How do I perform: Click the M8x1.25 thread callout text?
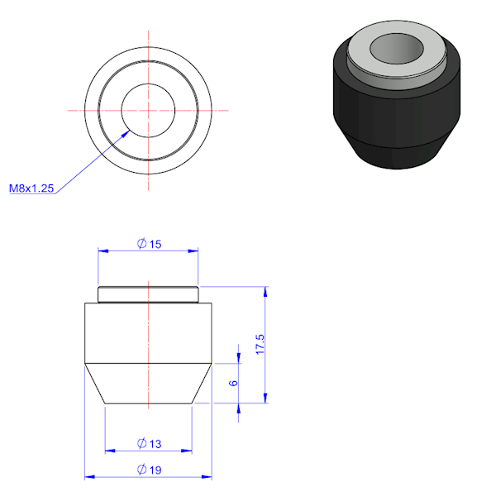(31, 188)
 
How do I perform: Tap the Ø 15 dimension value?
(149, 244)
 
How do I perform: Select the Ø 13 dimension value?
(149, 443)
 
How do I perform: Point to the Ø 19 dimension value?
(149, 470)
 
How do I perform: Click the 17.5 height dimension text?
(260, 344)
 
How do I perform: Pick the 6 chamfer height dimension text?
(233, 383)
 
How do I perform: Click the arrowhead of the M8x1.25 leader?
(126, 133)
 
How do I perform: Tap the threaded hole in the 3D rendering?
(397, 49)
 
